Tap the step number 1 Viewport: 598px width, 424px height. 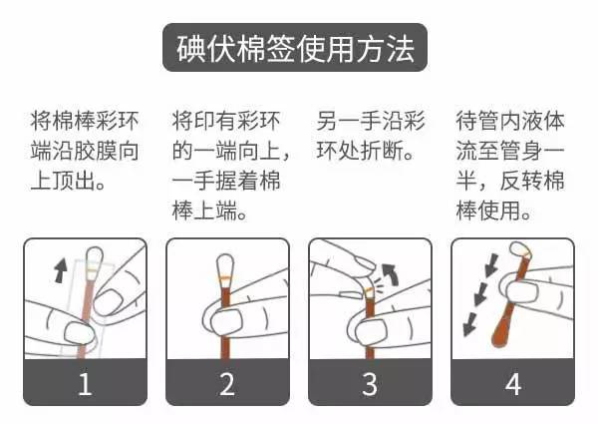(x=85, y=383)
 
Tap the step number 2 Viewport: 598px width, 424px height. (x=227, y=383)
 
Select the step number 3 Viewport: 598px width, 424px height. (x=370, y=383)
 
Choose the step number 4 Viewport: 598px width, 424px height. (x=512, y=383)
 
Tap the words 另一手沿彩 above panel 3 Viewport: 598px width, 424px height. (x=371, y=124)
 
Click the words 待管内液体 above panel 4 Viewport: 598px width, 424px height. (x=509, y=124)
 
